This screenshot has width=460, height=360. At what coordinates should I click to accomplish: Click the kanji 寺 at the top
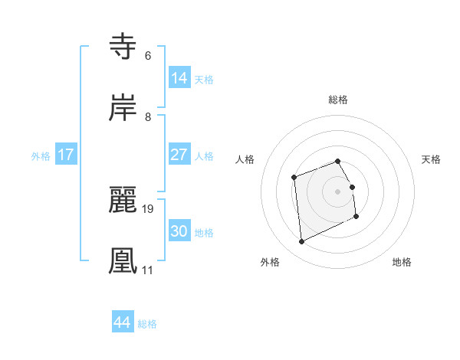[x=124, y=47]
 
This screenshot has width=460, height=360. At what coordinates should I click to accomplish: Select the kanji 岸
[x=124, y=108]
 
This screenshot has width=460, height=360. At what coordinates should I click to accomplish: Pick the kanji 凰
[x=124, y=260]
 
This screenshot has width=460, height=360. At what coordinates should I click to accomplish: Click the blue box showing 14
[x=179, y=77]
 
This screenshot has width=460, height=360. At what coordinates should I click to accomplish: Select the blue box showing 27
[x=179, y=154]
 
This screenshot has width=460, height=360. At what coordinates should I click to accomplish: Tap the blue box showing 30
[x=179, y=231]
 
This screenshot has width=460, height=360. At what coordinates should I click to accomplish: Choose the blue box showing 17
[x=66, y=154]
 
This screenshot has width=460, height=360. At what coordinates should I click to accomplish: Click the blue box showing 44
[x=123, y=322]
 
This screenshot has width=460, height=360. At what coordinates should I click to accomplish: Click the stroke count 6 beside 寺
[x=147, y=55]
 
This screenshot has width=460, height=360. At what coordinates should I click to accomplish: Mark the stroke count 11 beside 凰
[x=147, y=270]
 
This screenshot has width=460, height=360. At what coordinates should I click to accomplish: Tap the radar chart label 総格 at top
[x=338, y=100]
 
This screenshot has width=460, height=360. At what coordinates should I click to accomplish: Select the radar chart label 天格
[x=432, y=159]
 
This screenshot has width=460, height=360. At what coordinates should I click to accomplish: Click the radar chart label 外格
[x=270, y=262]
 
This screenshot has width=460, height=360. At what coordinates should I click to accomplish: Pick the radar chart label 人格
[x=245, y=159]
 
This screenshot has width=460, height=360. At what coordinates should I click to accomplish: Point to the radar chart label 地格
[x=402, y=262]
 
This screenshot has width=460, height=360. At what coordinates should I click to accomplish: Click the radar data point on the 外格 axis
[x=301, y=242]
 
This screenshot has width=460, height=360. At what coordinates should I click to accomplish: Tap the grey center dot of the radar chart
[x=338, y=191]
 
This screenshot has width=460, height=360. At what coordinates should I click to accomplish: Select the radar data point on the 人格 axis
[x=294, y=178]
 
